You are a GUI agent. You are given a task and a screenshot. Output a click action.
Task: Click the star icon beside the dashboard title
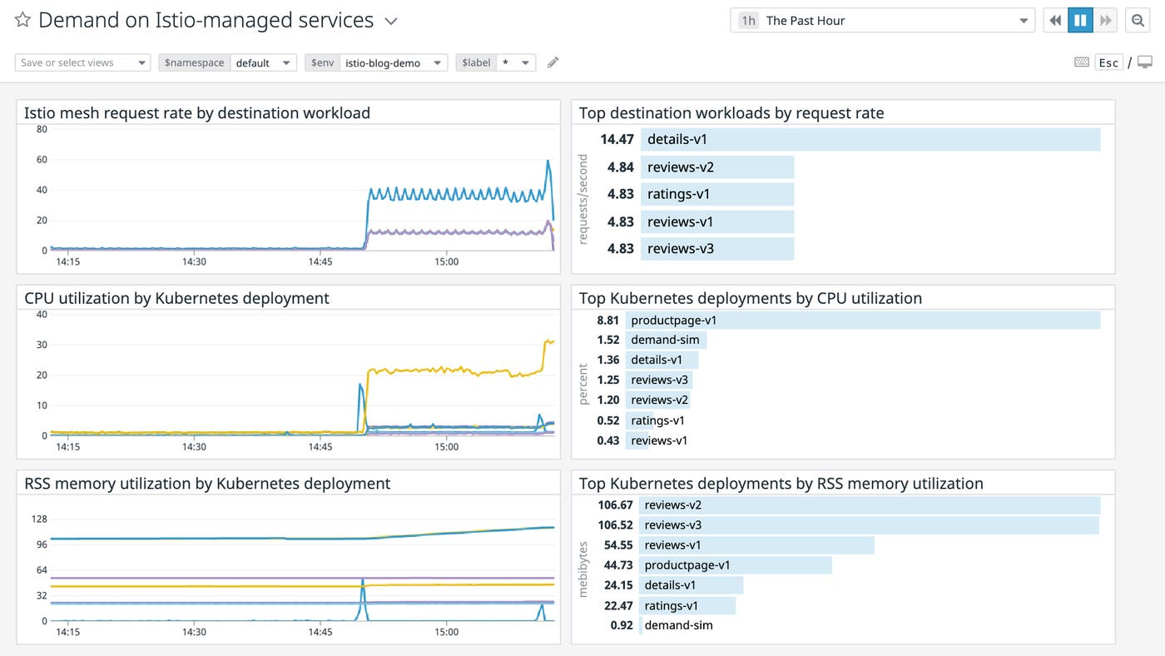pos(22,21)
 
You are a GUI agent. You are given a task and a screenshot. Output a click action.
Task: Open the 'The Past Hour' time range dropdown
pos(882,21)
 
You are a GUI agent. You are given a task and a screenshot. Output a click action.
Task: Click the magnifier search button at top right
pos(1137,21)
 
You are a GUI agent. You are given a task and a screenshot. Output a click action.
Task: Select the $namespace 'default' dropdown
pos(262,62)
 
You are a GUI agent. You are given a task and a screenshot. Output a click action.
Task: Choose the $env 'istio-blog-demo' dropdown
pos(393,62)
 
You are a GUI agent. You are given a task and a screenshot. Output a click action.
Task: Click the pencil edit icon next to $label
pos(553,62)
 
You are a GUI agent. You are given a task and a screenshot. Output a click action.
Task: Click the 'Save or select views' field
pos(82,62)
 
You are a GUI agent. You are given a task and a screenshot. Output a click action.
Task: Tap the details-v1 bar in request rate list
pos(870,140)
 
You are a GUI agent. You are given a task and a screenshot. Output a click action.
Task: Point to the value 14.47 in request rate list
pos(617,140)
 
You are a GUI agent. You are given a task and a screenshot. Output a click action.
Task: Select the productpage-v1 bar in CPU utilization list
pos(862,321)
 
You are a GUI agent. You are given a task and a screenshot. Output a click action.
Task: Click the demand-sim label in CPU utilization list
pos(665,340)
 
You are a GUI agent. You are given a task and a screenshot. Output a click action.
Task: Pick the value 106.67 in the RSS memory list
pos(615,505)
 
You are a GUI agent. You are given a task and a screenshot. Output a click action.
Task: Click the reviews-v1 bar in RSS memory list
pos(757,545)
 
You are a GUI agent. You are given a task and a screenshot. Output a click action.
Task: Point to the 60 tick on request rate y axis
pos(41,160)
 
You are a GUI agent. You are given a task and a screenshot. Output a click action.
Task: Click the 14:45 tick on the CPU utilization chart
pos(320,447)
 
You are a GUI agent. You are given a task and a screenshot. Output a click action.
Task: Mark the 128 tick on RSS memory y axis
pos(38,519)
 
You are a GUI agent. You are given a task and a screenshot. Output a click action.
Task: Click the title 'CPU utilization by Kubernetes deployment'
pos(176,298)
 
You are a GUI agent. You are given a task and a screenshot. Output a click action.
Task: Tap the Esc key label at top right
pos(1108,62)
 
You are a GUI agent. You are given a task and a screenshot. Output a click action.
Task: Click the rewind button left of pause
pos(1055,21)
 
